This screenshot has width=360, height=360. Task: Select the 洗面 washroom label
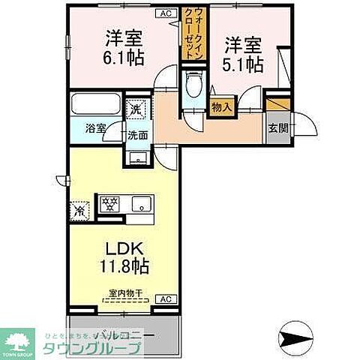tap(136, 136)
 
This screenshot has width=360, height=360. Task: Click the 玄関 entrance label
tap(277, 128)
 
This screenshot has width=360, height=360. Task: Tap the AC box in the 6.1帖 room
tap(162, 13)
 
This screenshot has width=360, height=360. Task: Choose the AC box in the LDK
tap(165, 298)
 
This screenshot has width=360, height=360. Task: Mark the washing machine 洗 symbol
tap(135, 108)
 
